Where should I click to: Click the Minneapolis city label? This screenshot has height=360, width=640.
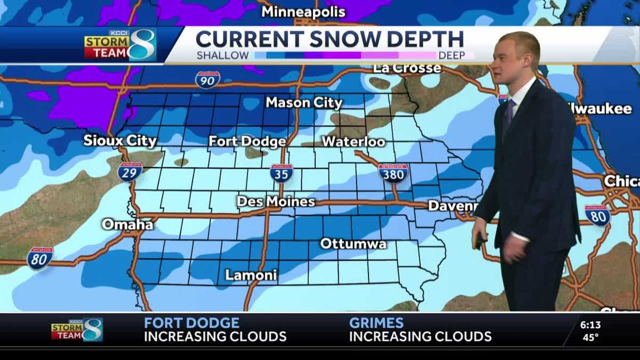pyautogui.click(x=303, y=12)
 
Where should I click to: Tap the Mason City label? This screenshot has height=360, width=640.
pyautogui.click(x=303, y=102)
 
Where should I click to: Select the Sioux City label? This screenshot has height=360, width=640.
pyautogui.click(x=120, y=141)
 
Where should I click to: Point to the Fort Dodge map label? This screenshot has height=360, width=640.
pyautogui.click(x=247, y=141)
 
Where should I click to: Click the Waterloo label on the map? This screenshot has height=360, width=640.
pyautogui.click(x=353, y=141)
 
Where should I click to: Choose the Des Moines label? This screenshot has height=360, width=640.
pyautogui.click(x=276, y=202)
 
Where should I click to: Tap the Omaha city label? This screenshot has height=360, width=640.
pyautogui.click(x=127, y=224)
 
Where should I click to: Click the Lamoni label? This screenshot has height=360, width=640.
pyautogui.click(x=251, y=275)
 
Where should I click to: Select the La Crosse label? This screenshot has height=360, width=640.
pyautogui.click(x=407, y=68)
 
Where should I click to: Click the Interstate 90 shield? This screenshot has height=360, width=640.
pyautogui.click(x=207, y=79)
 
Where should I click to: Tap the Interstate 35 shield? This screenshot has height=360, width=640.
pyautogui.click(x=282, y=173)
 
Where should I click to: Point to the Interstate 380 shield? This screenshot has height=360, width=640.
pyautogui.click(x=393, y=173)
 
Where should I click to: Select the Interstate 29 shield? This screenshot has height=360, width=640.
pyautogui.click(x=130, y=172)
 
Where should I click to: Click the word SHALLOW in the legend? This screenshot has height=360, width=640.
pyautogui.click(x=222, y=55)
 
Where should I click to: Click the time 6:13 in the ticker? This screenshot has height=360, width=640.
pyautogui.click(x=590, y=324)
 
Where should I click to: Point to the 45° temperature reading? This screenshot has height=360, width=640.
pyautogui.click(x=590, y=337)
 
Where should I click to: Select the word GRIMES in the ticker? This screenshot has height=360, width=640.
pyautogui.click(x=376, y=323)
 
